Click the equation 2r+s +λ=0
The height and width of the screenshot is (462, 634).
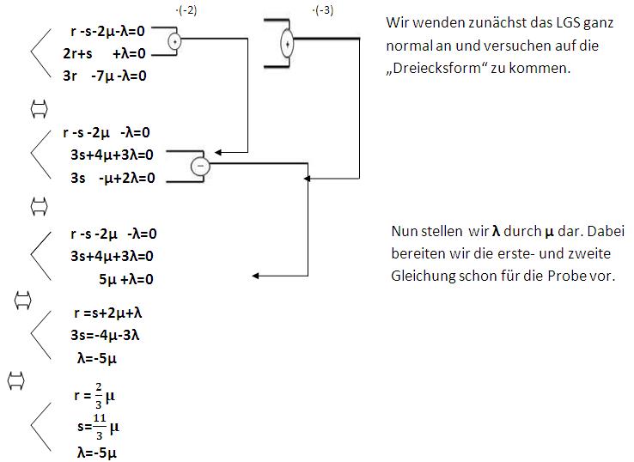tap(104, 53)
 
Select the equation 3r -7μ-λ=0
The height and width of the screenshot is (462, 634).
tap(105, 76)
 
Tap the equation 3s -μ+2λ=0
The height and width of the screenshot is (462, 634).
tap(113, 178)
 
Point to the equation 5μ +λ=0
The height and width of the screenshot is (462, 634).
tap(125, 278)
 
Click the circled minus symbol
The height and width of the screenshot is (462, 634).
tap(198, 166)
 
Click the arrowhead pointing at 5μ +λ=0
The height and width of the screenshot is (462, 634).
tap(258, 277)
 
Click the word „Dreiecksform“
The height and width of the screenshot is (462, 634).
tap(430, 68)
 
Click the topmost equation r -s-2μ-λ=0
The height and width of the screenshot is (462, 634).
tap(109, 31)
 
